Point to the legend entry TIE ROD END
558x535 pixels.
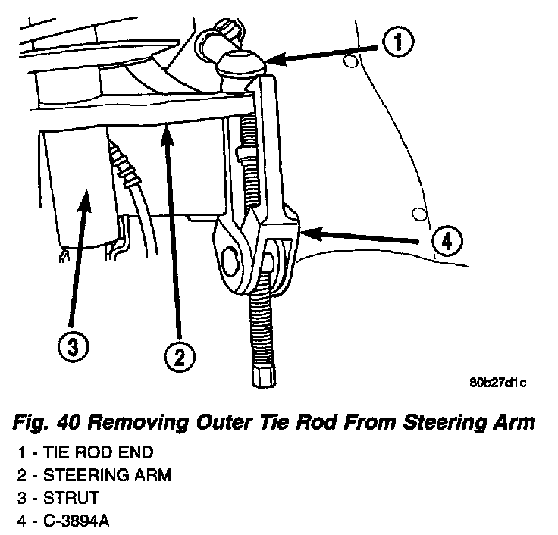click(99, 453)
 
